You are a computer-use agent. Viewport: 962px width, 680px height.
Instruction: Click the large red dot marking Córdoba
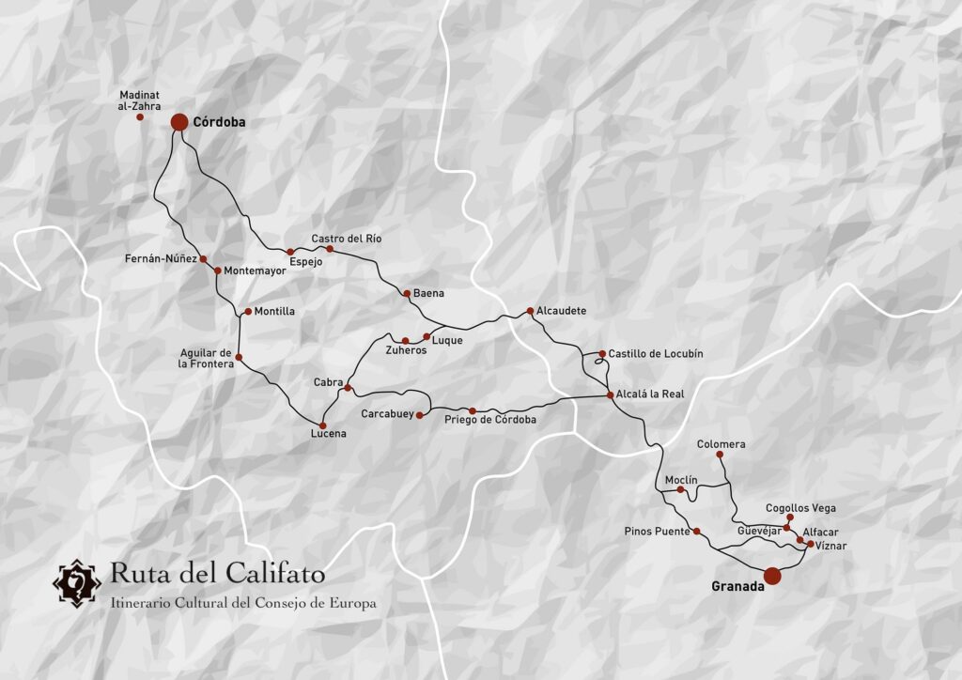[x=179, y=122]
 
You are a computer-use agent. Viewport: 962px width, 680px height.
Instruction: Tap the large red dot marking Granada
[x=772, y=576]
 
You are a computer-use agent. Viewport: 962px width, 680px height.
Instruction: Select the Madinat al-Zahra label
[x=140, y=100]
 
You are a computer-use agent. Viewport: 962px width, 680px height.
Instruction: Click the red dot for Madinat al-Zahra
[x=140, y=116]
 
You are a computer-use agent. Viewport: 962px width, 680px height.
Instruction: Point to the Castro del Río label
[x=347, y=239]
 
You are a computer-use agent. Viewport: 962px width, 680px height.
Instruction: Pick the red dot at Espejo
[x=290, y=252]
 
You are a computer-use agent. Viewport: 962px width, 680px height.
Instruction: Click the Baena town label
[x=428, y=293]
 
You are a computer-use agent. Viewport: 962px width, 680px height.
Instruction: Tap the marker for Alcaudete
[x=530, y=310]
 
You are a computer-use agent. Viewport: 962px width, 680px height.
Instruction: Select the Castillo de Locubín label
[x=655, y=353]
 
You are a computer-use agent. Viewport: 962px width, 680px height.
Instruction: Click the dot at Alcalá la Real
[x=610, y=394]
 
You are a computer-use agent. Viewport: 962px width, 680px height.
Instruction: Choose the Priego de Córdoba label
[x=490, y=420]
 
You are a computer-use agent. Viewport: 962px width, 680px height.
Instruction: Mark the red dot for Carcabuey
[x=420, y=414]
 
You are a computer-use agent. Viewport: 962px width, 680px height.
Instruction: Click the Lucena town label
[x=329, y=433]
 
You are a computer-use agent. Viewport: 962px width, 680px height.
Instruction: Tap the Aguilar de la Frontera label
[x=206, y=358]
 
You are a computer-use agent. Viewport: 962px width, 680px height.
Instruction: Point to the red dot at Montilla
[x=247, y=311]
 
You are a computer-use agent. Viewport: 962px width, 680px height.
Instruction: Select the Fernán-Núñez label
[x=161, y=257]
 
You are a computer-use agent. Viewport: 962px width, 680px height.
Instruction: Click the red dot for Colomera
[x=720, y=455]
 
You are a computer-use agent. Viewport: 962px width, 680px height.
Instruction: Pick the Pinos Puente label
[x=657, y=531]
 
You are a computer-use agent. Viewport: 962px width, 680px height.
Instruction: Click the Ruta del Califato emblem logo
[x=76, y=584]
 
